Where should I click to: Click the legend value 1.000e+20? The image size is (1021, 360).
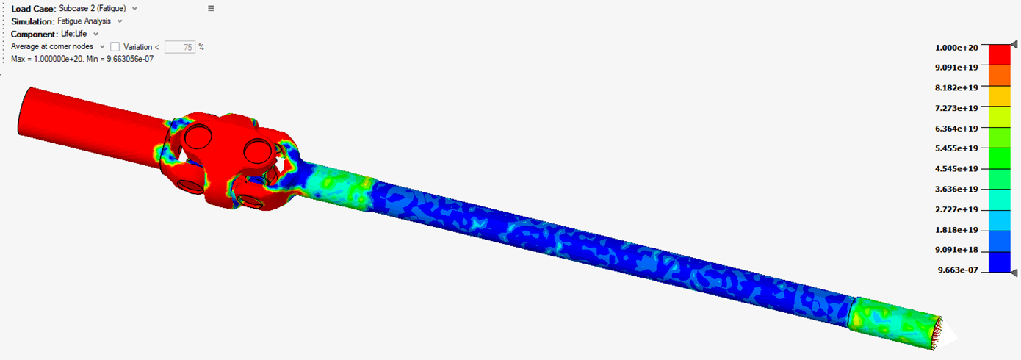click(x=956, y=48)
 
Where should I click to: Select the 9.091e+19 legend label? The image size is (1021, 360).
click(x=956, y=68)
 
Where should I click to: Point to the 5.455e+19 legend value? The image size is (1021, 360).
click(x=956, y=148)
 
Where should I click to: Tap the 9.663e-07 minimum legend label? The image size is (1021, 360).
click(x=958, y=270)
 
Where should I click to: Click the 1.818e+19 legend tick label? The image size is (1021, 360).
click(x=956, y=230)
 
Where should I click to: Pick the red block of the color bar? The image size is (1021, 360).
click(x=999, y=54)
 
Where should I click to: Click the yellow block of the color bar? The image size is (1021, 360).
click(x=999, y=96)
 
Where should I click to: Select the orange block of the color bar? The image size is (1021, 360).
click(x=999, y=76)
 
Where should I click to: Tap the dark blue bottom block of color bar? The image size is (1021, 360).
click(x=999, y=262)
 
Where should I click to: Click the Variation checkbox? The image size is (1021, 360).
click(x=115, y=47)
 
